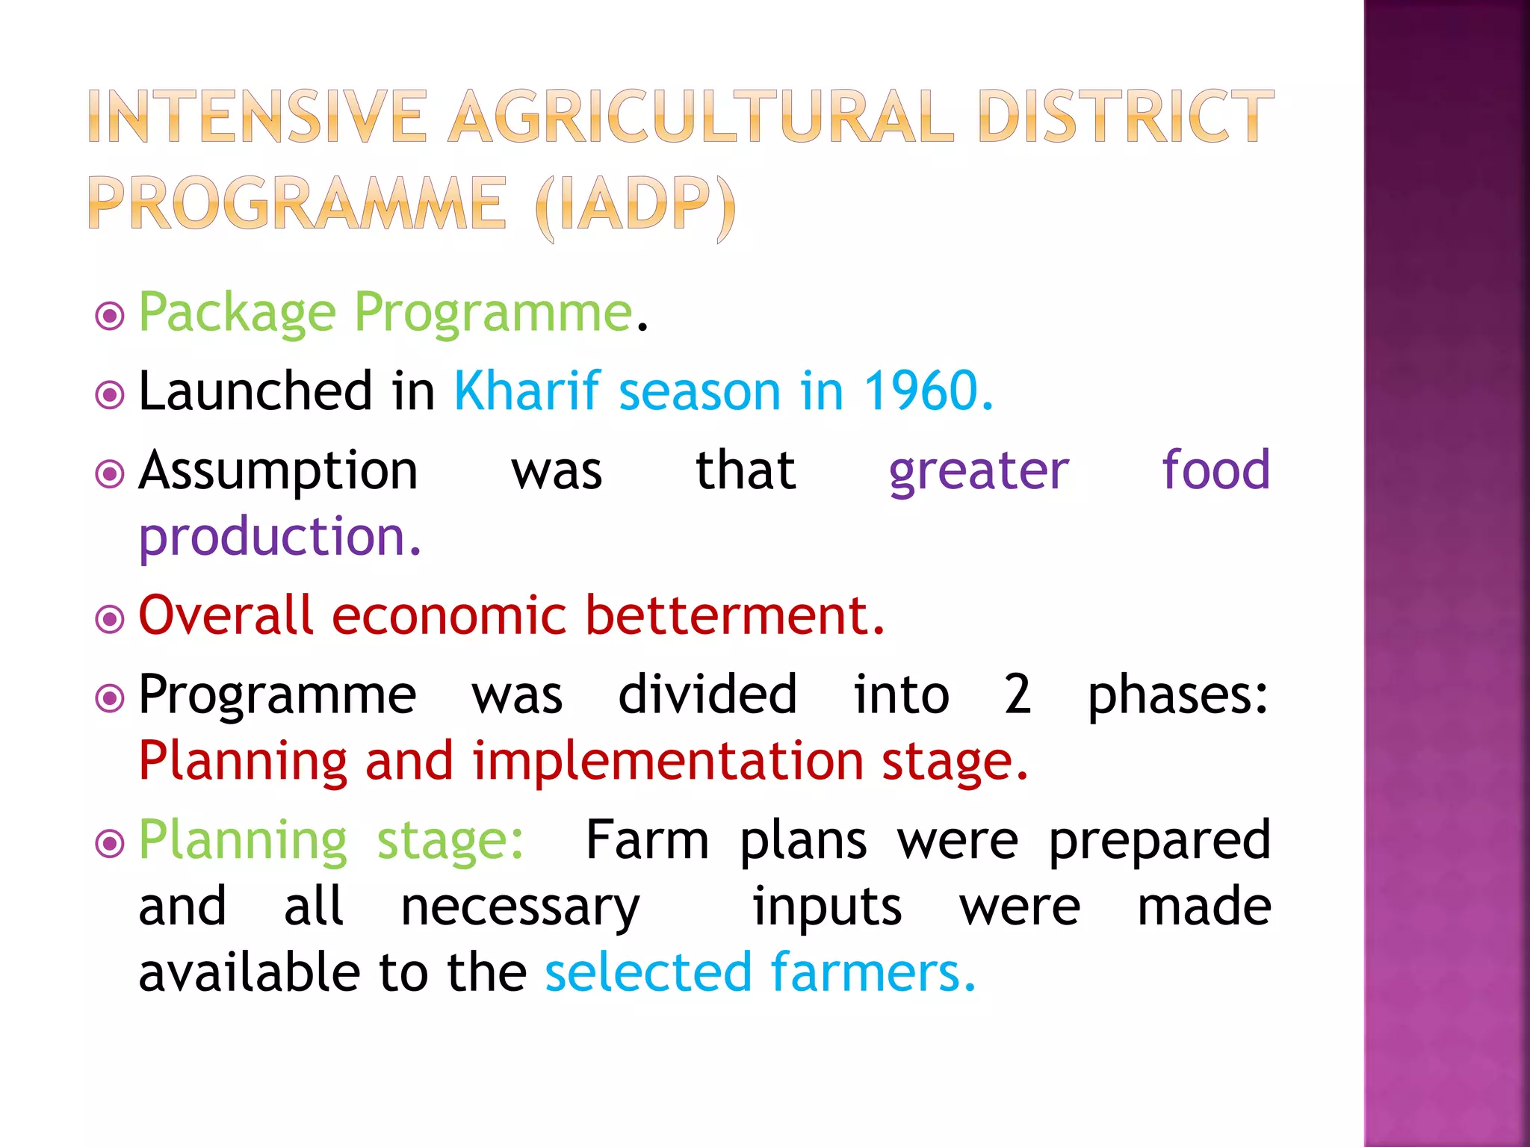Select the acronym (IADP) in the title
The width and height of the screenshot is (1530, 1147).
[x=636, y=205]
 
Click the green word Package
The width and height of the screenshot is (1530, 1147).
[x=238, y=314]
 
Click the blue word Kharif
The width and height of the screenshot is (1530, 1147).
[x=527, y=391]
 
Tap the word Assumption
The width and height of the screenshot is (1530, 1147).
[x=278, y=472]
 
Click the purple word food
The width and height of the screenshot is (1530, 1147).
[x=1215, y=470]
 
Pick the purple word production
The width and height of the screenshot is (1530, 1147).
[x=279, y=538]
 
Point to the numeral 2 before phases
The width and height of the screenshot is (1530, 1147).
[x=1018, y=694]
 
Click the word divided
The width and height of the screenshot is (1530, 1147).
[x=707, y=694]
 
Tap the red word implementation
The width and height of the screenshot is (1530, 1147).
[x=668, y=762]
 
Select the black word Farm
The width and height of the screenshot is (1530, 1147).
[x=647, y=841]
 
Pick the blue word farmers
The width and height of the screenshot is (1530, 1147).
[x=873, y=973]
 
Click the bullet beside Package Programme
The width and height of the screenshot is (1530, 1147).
[x=110, y=316]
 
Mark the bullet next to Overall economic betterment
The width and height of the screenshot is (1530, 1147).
[x=110, y=618]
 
